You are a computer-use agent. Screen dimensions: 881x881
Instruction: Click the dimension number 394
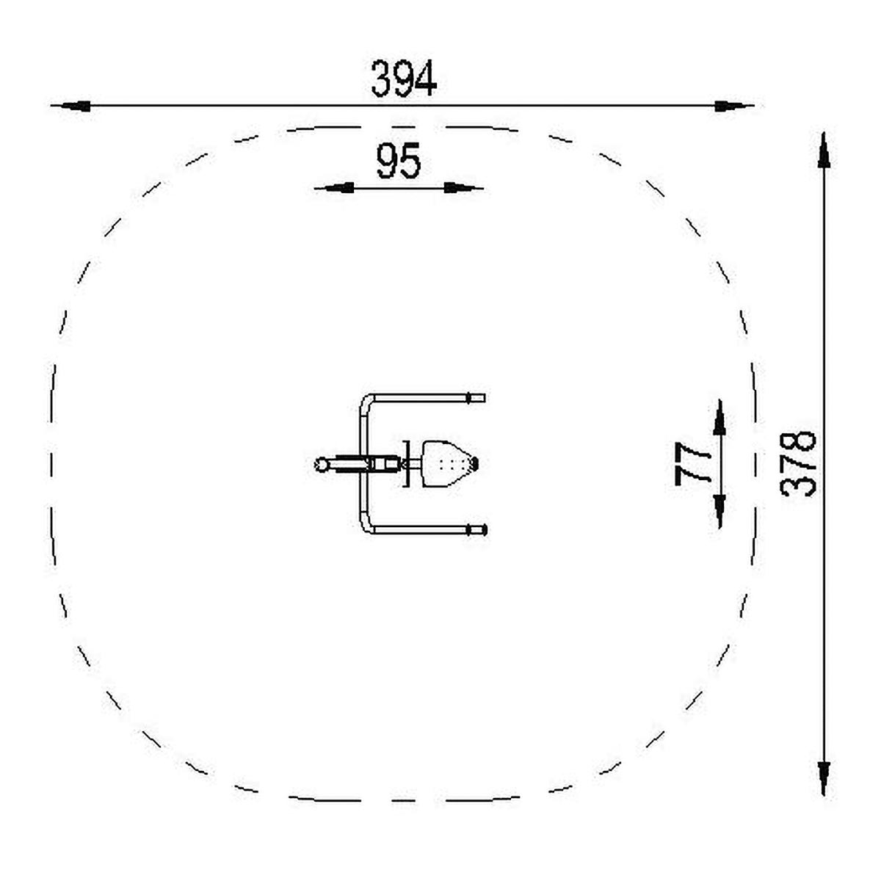click(x=404, y=79)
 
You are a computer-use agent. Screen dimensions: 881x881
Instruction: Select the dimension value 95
click(x=398, y=161)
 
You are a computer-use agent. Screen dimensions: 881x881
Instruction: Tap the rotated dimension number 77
click(x=692, y=463)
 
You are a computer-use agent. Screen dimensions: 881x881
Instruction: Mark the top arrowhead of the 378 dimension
click(x=824, y=151)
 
